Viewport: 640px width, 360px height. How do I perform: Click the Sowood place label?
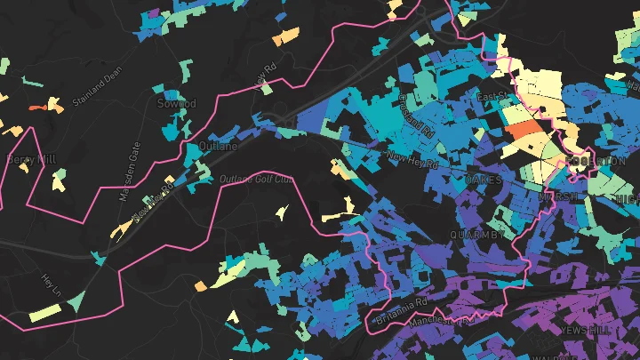tap(175, 104)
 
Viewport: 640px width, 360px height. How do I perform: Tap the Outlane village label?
tap(220, 146)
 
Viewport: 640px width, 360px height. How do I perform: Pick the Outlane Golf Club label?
tap(256, 180)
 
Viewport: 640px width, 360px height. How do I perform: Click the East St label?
tap(491, 96)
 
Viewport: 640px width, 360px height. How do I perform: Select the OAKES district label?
tap(484, 180)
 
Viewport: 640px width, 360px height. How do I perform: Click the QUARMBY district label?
tap(476, 236)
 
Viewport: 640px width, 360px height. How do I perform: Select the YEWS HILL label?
tap(587, 330)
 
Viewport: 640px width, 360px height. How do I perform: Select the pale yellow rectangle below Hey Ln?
tap(45, 313)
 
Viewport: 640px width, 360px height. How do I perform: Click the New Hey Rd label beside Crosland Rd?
tap(412, 160)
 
